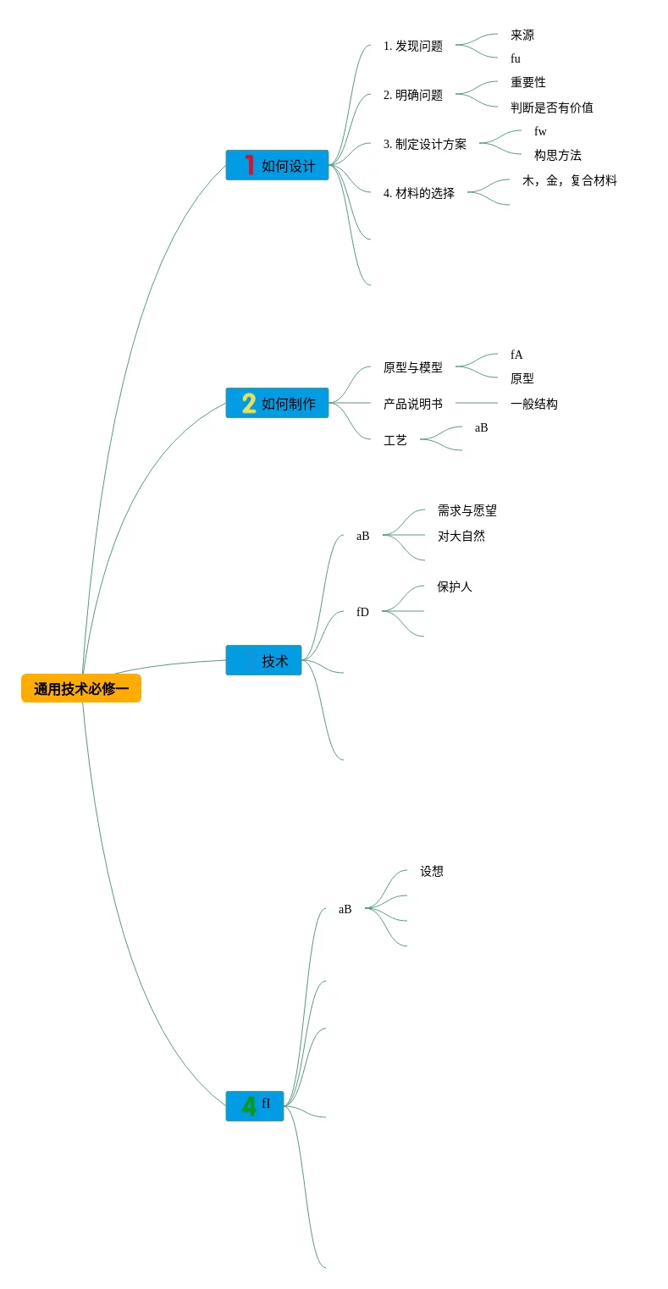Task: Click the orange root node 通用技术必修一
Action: (81, 688)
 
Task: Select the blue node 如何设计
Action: (277, 165)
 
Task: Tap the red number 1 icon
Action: (249, 165)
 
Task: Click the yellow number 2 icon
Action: (249, 403)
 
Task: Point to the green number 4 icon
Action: (249, 1105)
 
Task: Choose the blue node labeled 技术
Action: (263, 660)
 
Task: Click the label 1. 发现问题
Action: (413, 46)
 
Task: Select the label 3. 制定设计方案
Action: (425, 144)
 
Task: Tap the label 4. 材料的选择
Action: (419, 193)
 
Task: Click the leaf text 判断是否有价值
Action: (552, 107)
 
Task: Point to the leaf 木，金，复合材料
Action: (570, 180)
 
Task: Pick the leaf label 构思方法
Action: (558, 155)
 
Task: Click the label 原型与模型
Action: (413, 367)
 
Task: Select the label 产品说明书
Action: (413, 404)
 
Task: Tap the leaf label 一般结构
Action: (534, 404)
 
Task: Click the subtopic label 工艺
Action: (395, 440)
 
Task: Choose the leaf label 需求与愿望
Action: (467, 510)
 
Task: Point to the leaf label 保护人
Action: (455, 587)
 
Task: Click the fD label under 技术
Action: (362, 612)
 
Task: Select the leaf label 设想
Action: (432, 871)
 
